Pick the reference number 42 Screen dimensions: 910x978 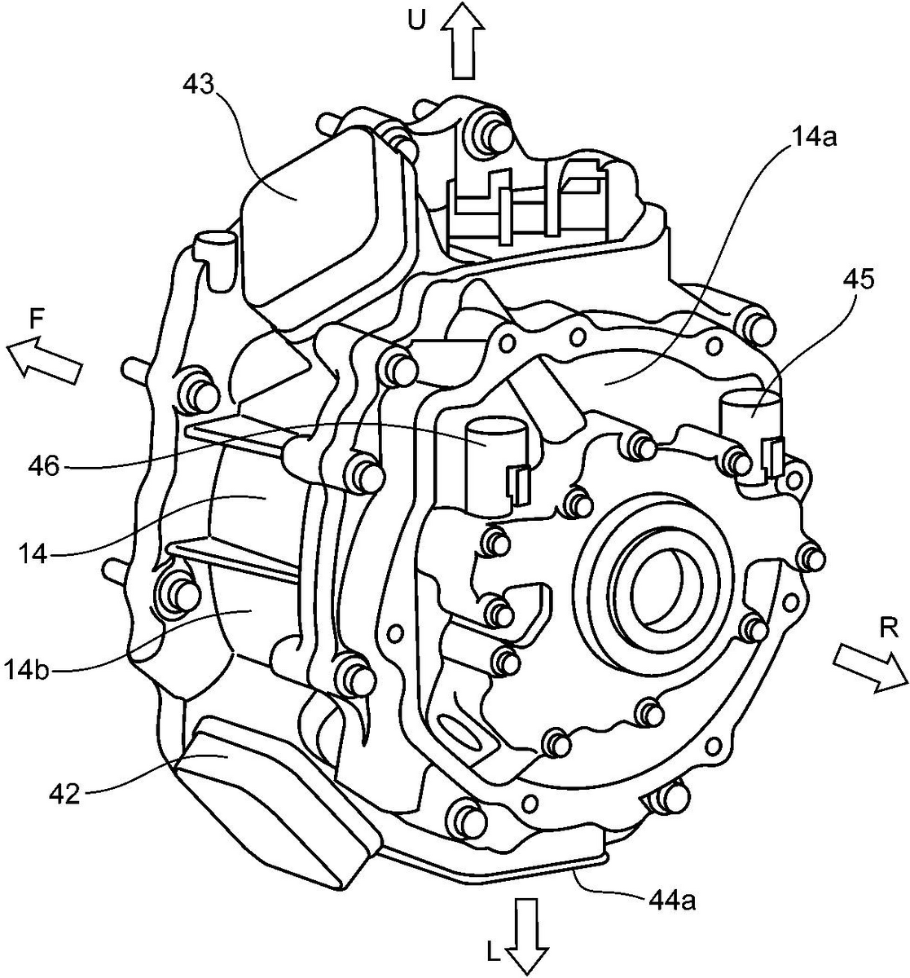pos(65,795)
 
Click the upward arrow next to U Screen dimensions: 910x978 pos(463,41)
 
